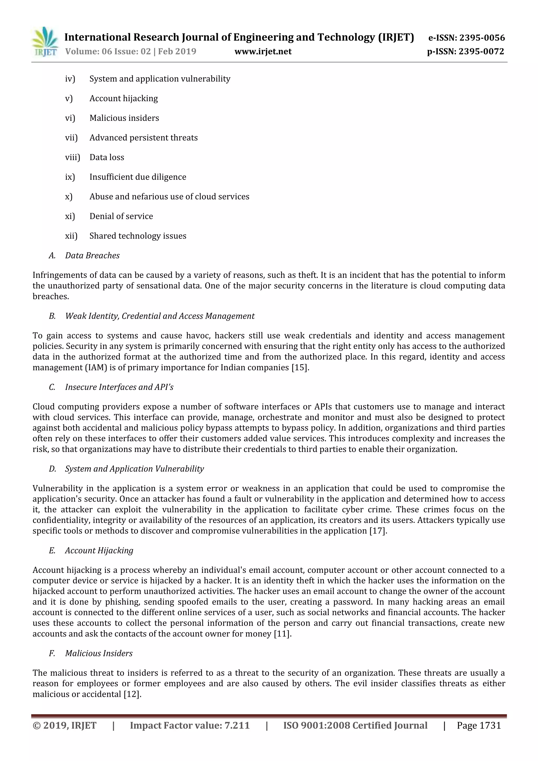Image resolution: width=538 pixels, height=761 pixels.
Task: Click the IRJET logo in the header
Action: pos(45,42)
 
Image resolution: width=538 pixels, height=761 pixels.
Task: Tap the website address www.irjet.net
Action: pos(263,52)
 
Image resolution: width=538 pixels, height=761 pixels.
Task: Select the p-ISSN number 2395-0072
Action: pos(481,52)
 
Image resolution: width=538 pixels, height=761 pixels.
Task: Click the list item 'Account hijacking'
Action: pos(123,99)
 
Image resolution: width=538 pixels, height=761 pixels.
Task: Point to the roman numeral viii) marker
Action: pos(73,157)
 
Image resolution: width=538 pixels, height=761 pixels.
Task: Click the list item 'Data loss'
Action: pos(107,157)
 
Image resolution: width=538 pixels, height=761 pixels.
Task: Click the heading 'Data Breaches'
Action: pos(92,255)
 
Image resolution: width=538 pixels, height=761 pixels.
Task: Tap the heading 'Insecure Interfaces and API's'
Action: pos(119,387)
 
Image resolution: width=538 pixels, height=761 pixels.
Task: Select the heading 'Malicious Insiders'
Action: pos(99,653)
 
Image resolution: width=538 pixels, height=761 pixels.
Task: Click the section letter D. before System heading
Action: pos(52,469)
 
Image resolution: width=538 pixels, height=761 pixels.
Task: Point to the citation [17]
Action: pos(378,531)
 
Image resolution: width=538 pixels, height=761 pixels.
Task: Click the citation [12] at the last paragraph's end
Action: pos(132,694)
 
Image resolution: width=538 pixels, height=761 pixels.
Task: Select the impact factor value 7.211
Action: pos(237,726)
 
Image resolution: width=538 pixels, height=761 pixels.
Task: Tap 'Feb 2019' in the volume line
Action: pos(177,52)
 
